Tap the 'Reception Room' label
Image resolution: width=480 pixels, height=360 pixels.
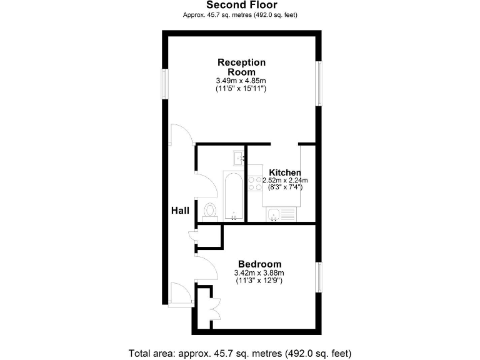coord(241,67)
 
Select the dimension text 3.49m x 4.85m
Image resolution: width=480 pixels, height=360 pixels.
coord(241,81)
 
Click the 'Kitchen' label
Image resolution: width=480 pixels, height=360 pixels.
coord(285,172)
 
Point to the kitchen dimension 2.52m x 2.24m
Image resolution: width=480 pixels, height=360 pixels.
coord(285,180)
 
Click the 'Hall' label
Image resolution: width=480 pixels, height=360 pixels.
coord(180,211)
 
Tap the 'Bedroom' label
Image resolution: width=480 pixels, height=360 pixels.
coord(259,264)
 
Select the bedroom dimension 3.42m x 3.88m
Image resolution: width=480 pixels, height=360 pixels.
coord(259,273)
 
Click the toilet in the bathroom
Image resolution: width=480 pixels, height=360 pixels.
coord(210,211)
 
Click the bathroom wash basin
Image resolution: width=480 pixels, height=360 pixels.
coord(239,157)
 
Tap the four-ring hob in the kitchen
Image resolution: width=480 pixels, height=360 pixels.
coord(255,182)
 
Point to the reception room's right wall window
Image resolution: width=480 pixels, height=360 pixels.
coord(320,83)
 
